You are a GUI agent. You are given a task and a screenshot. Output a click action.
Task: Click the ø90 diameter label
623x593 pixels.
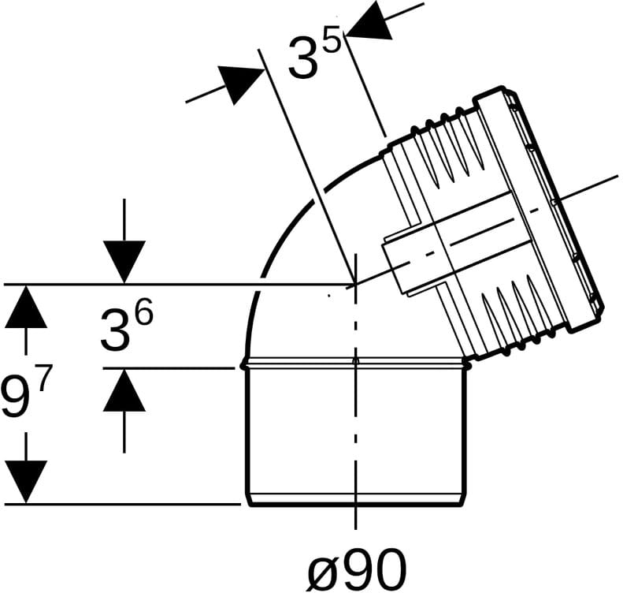pos(358,569)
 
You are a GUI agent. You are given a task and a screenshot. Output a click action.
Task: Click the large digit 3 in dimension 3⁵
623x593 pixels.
pos(304,57)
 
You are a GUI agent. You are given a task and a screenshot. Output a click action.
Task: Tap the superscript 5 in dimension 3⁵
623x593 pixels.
pos(332,39)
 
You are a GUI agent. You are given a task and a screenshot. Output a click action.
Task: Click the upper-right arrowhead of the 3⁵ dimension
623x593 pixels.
pos(369,24)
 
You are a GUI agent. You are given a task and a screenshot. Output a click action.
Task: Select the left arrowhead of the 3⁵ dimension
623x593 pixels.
pos(241,84)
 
